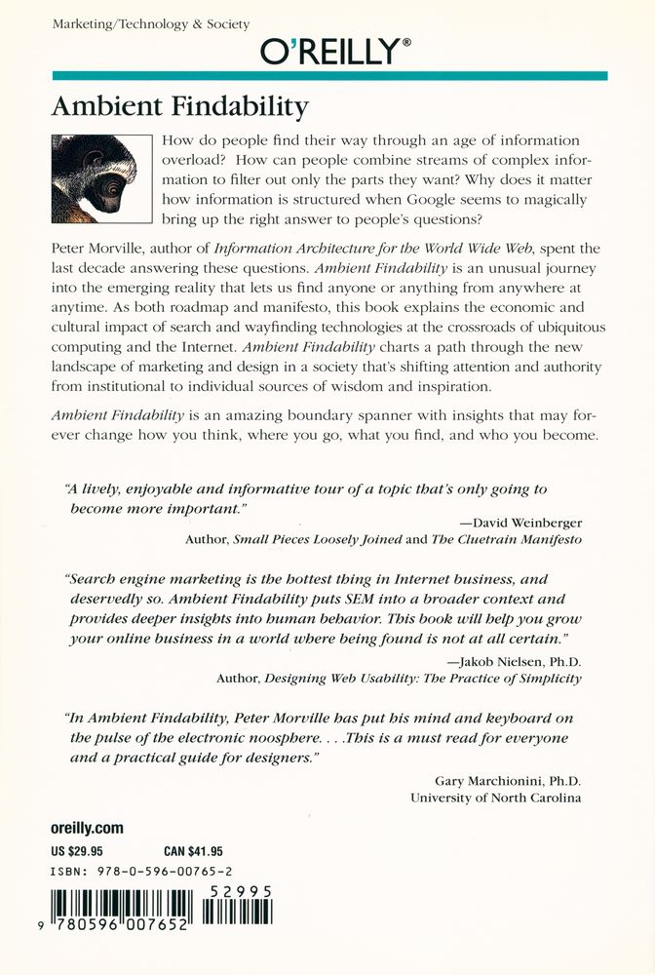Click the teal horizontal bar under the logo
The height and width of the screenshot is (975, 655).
(x=328, y=75)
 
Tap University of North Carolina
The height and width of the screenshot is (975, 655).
(x=495, y=798)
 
